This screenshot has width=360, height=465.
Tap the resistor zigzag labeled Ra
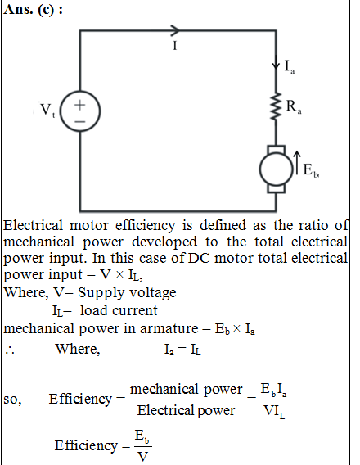pyautogui.click(x=277, y=106)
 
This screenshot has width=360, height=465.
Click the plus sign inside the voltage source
pyautogui.click(x=79, y=105)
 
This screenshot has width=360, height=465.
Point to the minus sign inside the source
pyautogui.click(x=79, y=121)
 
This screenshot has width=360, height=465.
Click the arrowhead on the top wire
pyautogui.click(x=175, y=30)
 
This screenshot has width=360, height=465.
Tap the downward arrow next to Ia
pyautogui.click(x=276, y=63)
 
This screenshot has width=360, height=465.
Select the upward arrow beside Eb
pyautogui.click(x=297, y=163)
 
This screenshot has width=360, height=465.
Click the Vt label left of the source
pyautogui.click(x=47, y=110)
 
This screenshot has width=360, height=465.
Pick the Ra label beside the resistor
pyautogui.click(x=294, y=106)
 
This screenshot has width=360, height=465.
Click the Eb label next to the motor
pyautogui.click(x=311, y=170)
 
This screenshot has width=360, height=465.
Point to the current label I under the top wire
pyautogui.click(x=175, y=46)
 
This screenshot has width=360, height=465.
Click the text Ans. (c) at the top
pyautogui.click(x=34, y=10)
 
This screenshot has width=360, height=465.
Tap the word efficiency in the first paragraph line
pyautogui.click(x=145, y=226)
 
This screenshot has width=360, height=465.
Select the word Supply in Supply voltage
pyautogui.click(x=101, y=293)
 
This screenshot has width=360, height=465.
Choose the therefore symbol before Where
pyautogui.click(x=10, y=350)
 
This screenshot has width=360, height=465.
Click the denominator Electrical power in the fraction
pyautogui.click(x=186, y=411)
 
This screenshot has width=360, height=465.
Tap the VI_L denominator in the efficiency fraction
pyautogui.click(x=274, y=411)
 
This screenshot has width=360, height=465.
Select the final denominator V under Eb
pyautogui.click(x=143, y=456)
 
